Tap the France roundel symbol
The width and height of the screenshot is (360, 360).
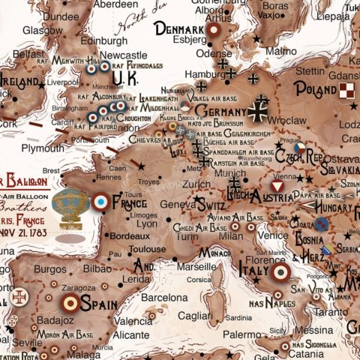(100, 201)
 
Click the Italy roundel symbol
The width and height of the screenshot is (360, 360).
(281, 273)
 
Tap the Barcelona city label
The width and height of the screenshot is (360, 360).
(169, 297)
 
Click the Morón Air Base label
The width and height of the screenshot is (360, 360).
(66, 334)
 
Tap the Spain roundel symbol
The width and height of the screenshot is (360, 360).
(70, 303)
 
